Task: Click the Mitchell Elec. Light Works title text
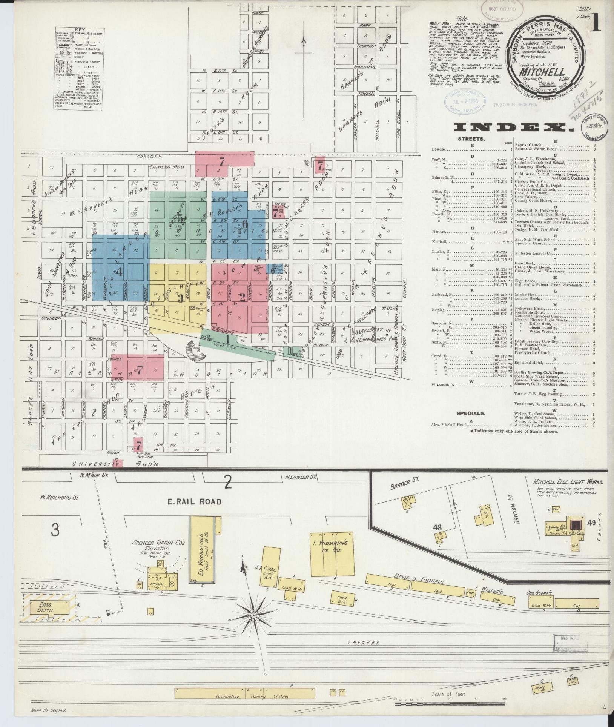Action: point(568,482)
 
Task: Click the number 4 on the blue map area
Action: point(119,272)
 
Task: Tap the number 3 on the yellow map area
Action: point(181,298)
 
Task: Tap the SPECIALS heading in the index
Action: point(471,413)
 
